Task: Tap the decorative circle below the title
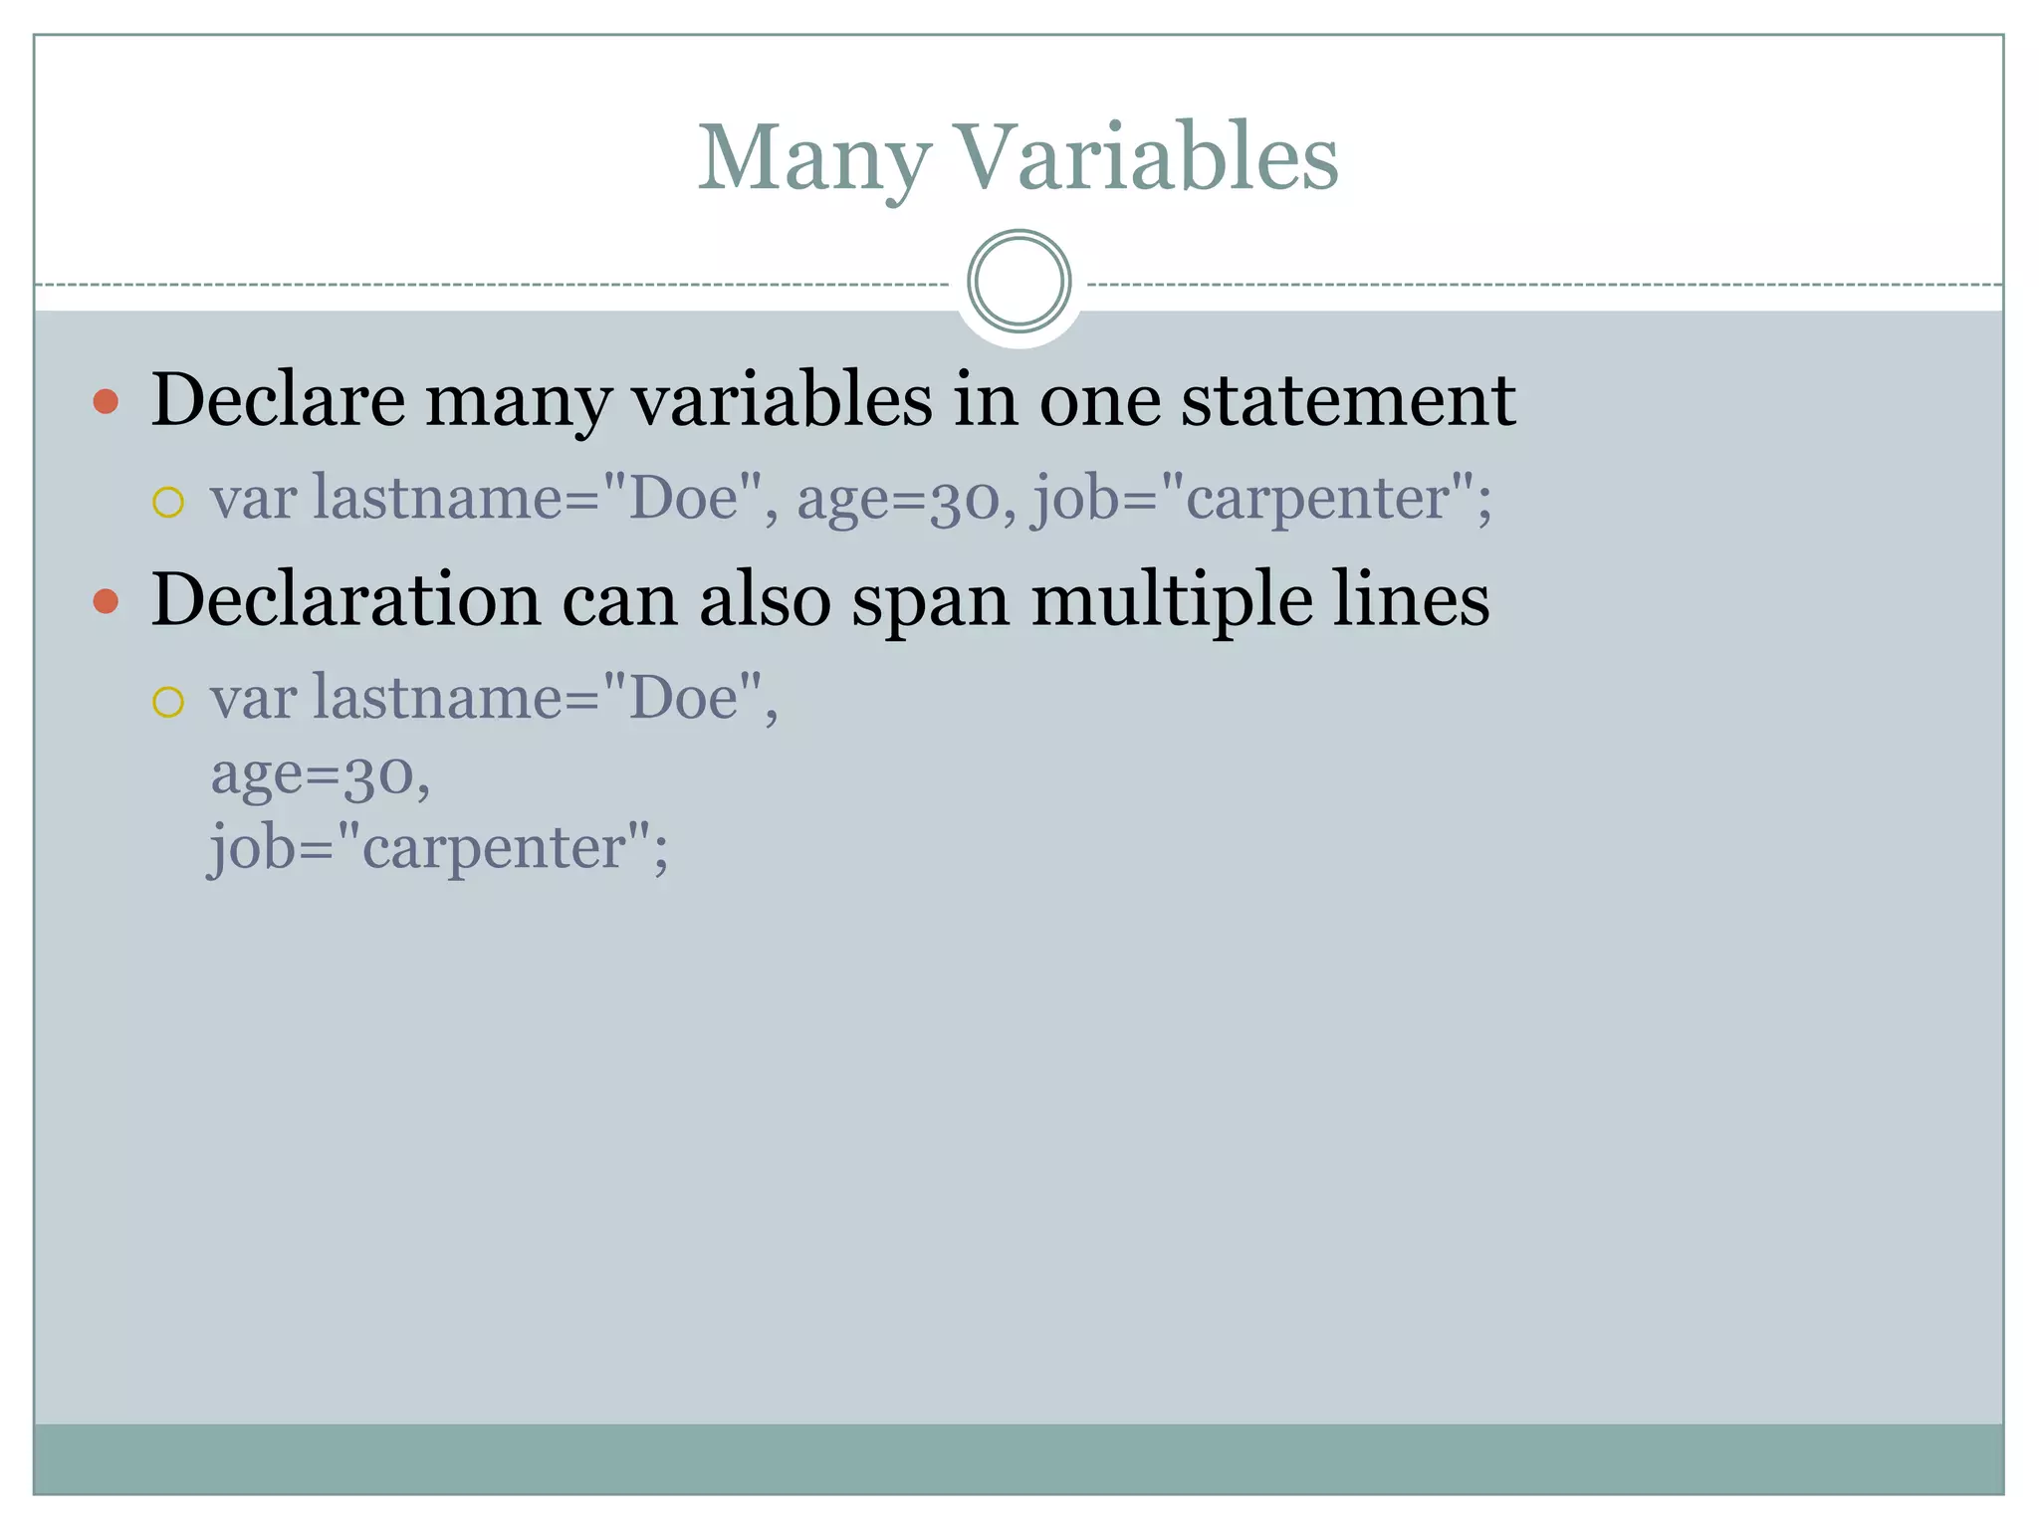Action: tap(1019, 282)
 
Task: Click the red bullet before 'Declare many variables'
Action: tap(106, 402)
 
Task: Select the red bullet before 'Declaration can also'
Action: tap(106, 601)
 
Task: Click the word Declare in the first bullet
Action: tap(278, 400)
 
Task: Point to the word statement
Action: tap(1348, 400)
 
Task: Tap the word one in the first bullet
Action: tap(1100, 400)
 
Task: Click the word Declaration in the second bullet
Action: tap(344, 600)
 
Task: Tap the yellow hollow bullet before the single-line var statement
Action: tap(168, 503)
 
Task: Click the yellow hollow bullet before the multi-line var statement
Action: tap(168, 703)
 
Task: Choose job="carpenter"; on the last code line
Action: tap(438, 849)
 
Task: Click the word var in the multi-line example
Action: tap(253, 698)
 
